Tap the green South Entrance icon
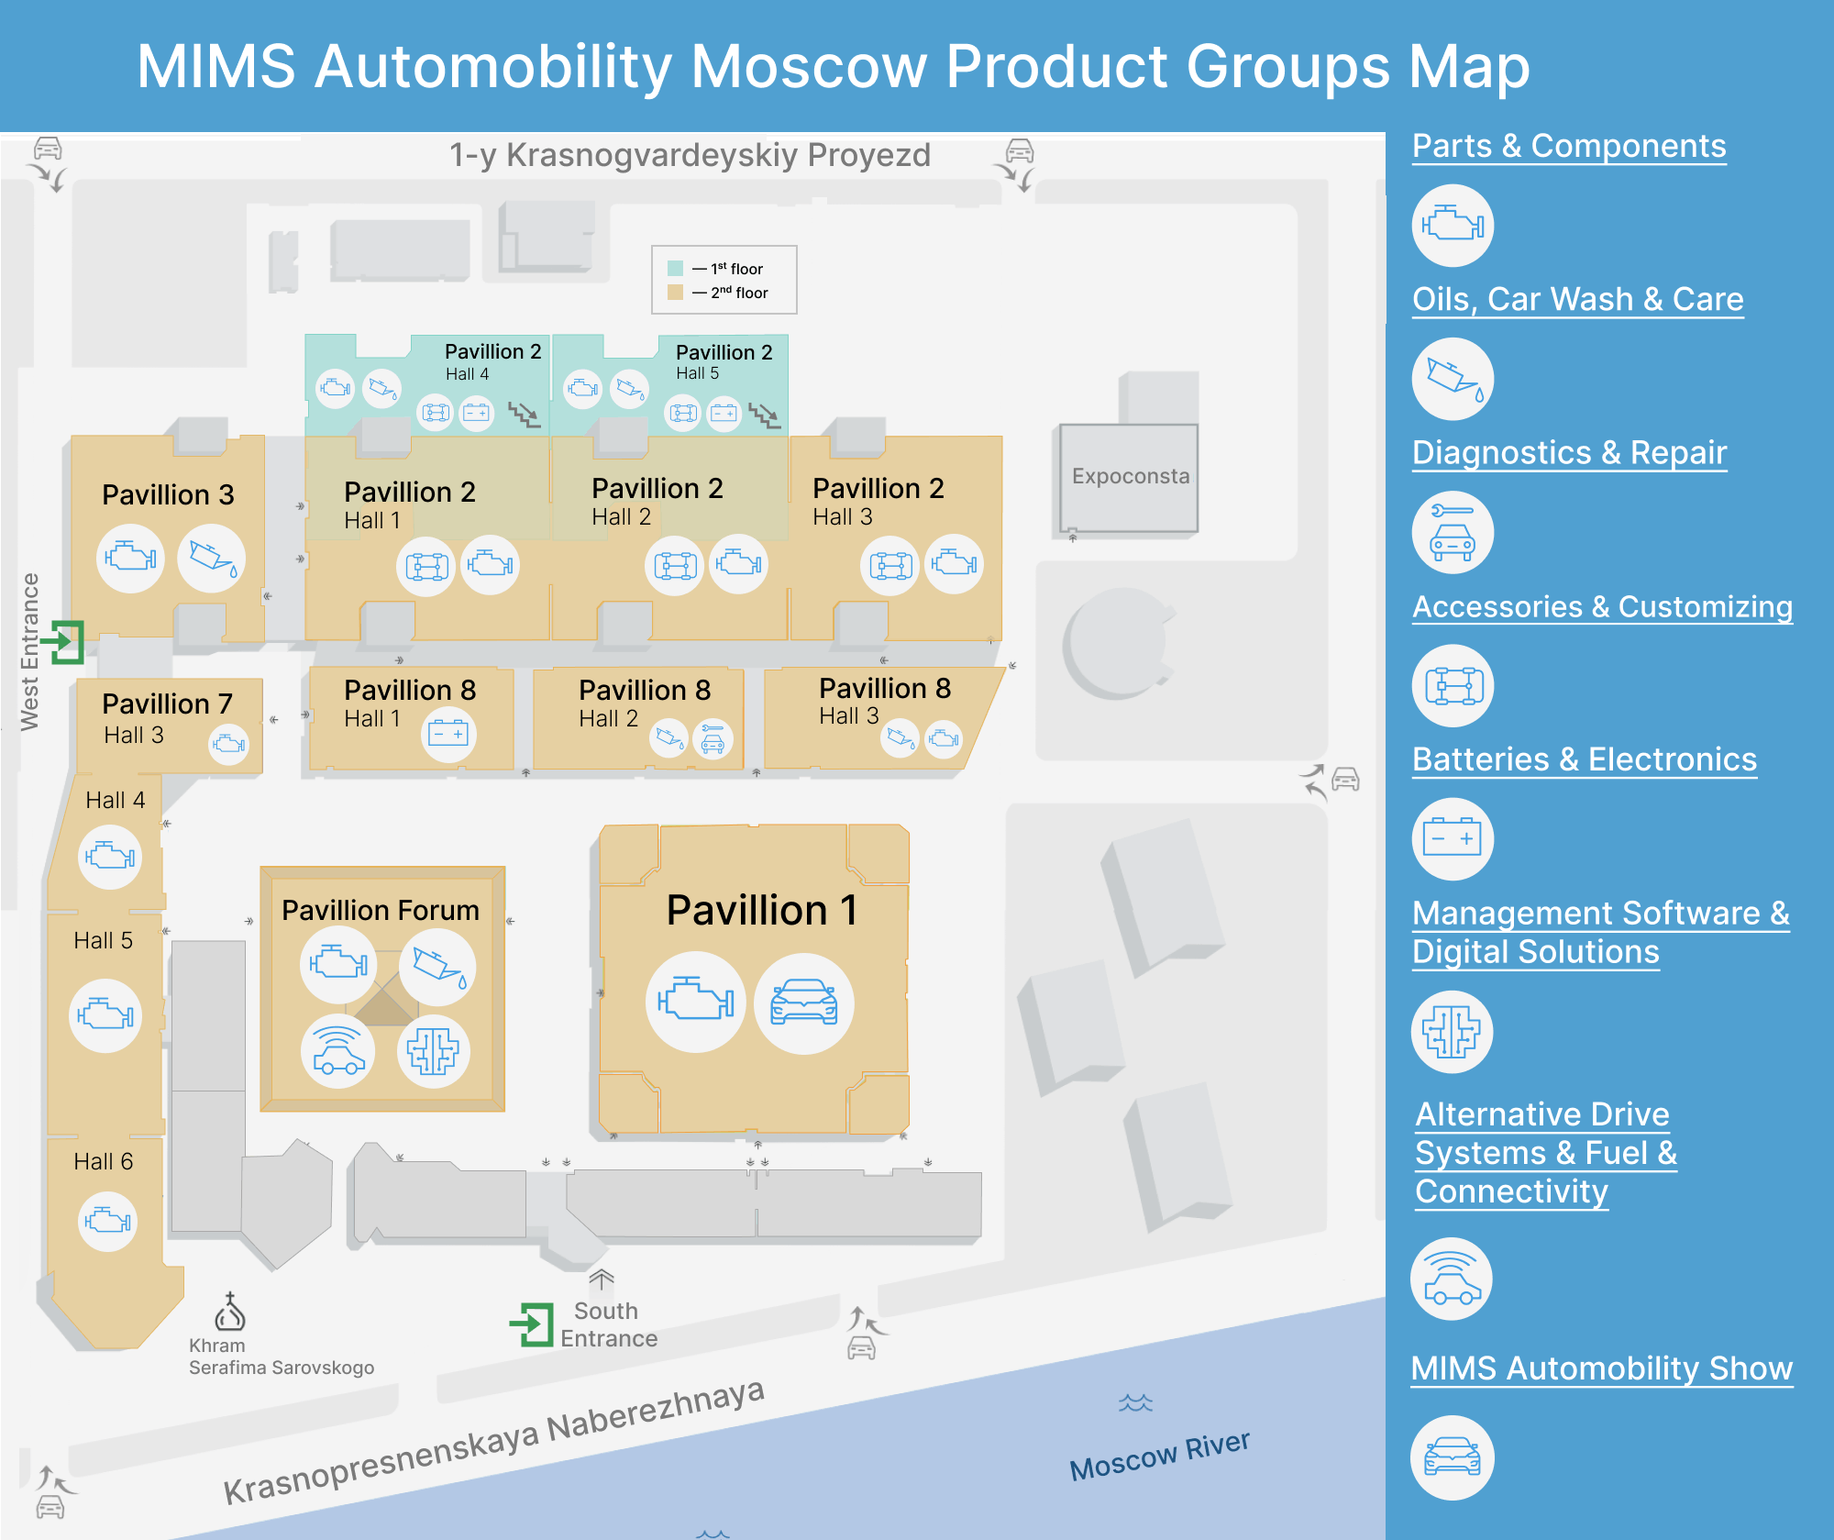point(532,1324)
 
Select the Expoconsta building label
point(1130,476)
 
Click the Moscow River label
point(1159,1456)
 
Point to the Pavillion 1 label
point(761,910)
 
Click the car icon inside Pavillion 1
point(803,1003)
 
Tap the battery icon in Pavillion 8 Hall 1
point(448,734)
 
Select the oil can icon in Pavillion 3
point(212,558)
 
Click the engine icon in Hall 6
point(107,1221)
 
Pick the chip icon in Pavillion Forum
point(433,1051)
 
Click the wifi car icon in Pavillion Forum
point(338,1051)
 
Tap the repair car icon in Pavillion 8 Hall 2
point(713,738)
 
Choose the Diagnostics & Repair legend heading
point(1569,452)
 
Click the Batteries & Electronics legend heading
point(1584,759)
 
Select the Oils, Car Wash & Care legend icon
point(1453,379)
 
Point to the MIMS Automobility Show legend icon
point(1452,1457)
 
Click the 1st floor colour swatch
point(676,269)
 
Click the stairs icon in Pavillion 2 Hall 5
point(763,415)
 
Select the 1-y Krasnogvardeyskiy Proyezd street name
point(690,155)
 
